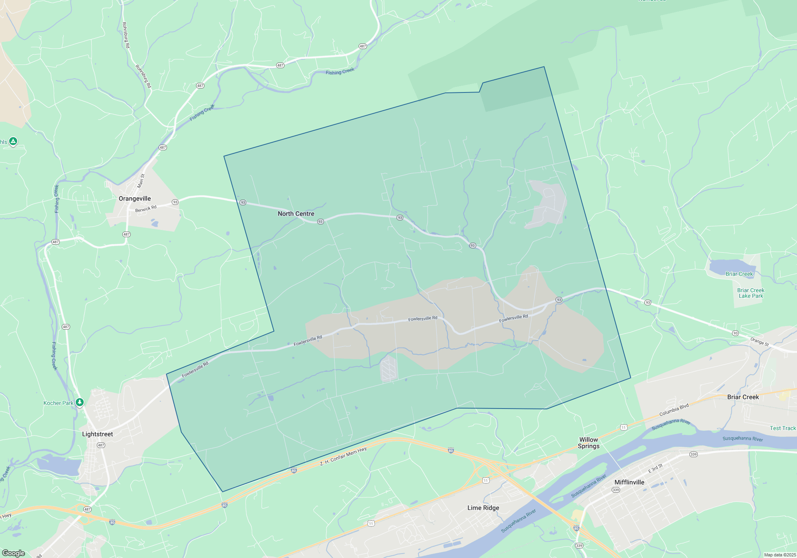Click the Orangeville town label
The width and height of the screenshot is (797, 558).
tap(135, 198)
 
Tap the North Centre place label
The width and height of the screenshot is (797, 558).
tap(296, 214)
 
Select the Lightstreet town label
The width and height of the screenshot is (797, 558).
tap(97, 434)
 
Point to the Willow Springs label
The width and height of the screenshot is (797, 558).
tap(589, 443)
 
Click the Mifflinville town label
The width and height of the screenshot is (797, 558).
tap(629, 482)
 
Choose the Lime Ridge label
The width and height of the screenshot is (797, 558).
tap(483, 508)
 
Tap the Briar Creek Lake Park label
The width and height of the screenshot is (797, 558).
tap(751, 293)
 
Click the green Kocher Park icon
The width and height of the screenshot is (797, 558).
tap(80, 403)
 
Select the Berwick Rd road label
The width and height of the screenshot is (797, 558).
tap(146, 209)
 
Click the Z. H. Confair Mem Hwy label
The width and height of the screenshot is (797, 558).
tap(343, 457)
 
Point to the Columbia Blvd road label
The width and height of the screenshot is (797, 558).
tap(674, 410)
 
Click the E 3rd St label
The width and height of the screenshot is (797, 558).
tap(655, 468)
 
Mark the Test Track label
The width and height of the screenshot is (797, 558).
tap(783, 428)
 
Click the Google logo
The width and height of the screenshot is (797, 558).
tap(14, 553)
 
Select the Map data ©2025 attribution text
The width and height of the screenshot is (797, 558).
tap(779, 555)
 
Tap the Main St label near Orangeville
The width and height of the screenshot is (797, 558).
tap(141, 181)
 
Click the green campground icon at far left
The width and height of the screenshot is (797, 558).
tap(13, 141)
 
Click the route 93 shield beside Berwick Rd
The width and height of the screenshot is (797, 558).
tap(175, 202)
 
